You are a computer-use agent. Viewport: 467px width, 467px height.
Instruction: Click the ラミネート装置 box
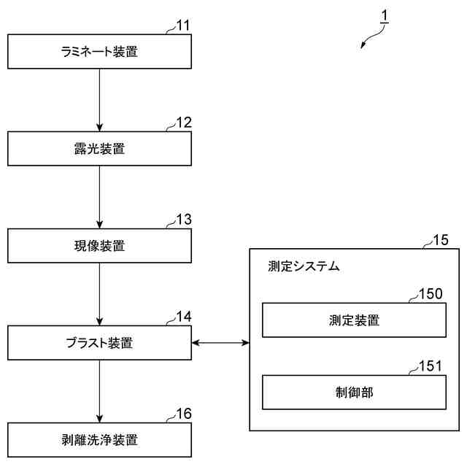[100, 52]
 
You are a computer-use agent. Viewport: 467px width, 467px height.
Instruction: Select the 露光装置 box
[100, 149]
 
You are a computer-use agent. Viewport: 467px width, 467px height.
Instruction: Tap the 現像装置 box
[100, 246]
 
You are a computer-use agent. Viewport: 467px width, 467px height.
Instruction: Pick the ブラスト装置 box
[100, 341]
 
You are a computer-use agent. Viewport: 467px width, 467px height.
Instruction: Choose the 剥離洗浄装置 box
[100, 439]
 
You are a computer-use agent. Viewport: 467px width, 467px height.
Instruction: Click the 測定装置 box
[354, 320]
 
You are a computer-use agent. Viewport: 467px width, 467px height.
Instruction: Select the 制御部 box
[354, 393]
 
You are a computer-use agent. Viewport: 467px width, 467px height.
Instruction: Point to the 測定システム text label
[304, 267]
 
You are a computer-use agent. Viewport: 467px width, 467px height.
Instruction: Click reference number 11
[183, 26]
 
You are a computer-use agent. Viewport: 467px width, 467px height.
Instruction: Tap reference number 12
[184, 123]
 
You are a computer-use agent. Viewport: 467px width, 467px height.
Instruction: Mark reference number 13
[184, 220]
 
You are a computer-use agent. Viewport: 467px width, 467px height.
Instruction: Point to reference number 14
[184, 317]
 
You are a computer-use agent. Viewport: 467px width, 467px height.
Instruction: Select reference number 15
[441, 239]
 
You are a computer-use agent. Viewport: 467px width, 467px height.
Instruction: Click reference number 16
[184, 414]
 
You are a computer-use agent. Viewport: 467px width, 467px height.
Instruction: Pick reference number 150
[431, 293]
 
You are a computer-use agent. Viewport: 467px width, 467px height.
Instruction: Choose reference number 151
[431, 366]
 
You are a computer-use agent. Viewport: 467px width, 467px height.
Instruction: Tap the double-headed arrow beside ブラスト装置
[220, 342]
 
